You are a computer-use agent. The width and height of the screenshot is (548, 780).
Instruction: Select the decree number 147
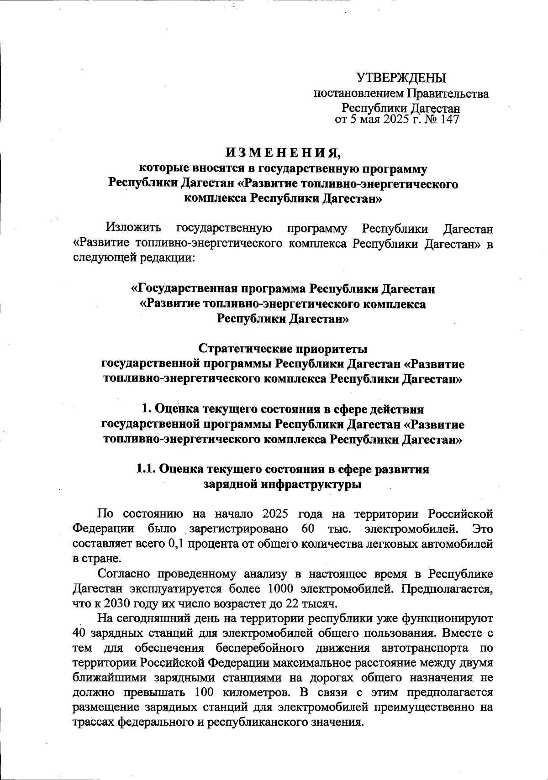tap(448, 120)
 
